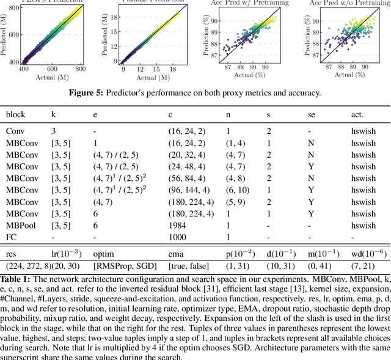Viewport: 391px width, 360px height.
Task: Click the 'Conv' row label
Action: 15,131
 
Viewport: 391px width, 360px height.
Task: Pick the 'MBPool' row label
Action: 21,224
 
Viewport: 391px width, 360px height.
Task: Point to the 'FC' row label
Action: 12,236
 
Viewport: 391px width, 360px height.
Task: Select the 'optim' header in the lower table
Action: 103,252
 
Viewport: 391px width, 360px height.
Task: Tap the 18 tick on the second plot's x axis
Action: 173,70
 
